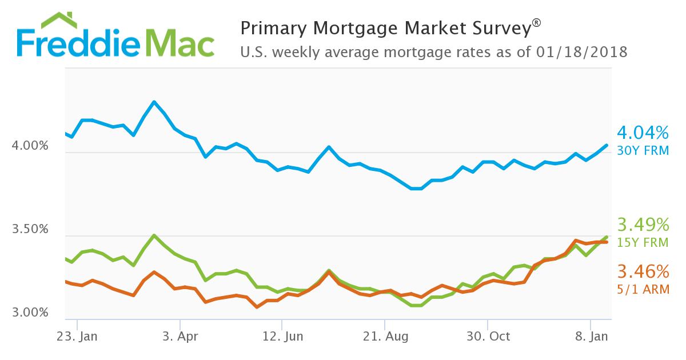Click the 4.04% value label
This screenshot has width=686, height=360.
(643, 134)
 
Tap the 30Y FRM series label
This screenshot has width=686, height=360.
(643, 151)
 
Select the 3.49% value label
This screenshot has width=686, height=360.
(643, 224)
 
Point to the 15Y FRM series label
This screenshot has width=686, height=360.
(643, 242)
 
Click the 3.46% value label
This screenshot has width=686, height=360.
(643, 270)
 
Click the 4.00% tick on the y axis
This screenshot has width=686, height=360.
(30, 146)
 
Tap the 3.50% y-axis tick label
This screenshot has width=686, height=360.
(30, 229)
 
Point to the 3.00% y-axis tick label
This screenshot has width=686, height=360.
(30, 313)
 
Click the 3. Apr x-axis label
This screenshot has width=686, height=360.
(180, 336)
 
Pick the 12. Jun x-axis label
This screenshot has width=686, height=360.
(282, 336)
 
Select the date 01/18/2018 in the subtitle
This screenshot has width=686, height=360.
(582, 53)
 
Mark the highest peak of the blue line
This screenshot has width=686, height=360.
(154, 102)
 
